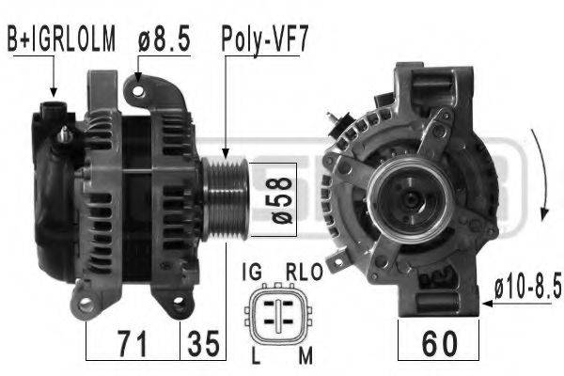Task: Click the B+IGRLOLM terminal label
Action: pos(61,39)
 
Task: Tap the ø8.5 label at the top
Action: pos(164,39)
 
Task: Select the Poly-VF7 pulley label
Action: pos(265,40)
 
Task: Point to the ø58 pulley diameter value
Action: pos(280,200)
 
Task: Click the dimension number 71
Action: pos(133,344)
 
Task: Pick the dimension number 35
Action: pos(203,344)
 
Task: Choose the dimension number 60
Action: pos(440,344)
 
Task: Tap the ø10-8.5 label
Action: pos(528,286)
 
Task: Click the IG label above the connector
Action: pos(252,272)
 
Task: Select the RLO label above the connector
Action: pos(305,272)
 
